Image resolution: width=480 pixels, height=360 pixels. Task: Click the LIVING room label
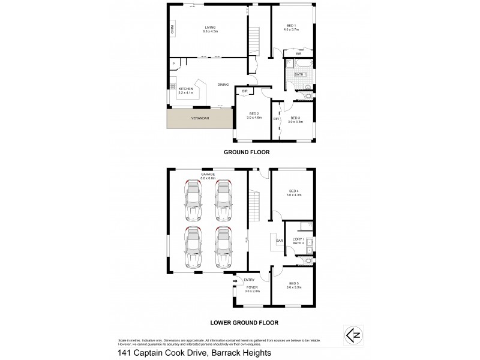pos(210,28)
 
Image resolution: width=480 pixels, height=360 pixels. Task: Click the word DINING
pos(223,85)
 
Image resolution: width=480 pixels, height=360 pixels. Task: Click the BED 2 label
pos(253,113)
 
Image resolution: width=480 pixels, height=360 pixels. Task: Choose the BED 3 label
pos(295,118)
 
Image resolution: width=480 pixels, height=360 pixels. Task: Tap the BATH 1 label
pos(300,74)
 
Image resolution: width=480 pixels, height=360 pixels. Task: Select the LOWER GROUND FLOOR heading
pos(244,322)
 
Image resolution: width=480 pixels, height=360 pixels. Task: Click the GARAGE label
pos(208,175)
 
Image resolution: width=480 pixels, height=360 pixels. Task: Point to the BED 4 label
pos(293,191)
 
